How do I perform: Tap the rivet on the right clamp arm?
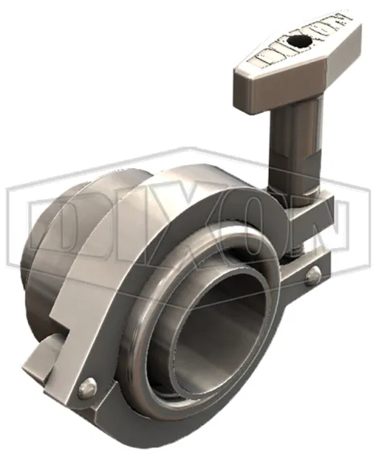(x=311, y=276)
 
